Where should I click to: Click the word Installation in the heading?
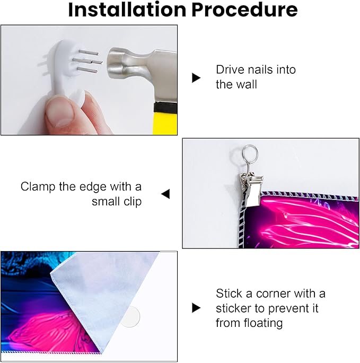[x=127, y=10]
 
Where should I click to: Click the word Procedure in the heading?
[x=244, y=10]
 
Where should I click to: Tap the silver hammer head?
[x=141, y=74]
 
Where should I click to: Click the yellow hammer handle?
[x=165, y=123]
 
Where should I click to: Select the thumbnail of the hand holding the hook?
[x=89, y=80]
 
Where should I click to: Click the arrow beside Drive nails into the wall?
[x=196, y=78]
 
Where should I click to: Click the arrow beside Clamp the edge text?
[x=165, y=194]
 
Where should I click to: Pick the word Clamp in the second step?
[x=38, y=187]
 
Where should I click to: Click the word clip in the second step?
[x=133, y=202]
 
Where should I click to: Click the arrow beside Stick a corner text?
[x=196, y=308]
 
